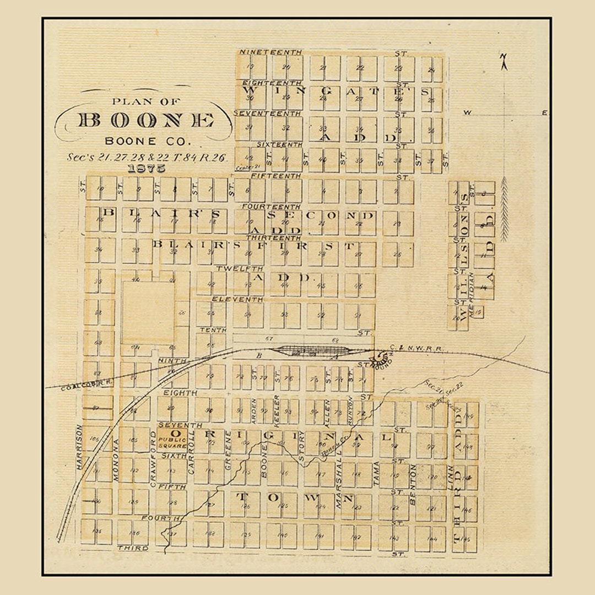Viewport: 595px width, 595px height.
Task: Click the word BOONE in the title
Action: (x=146, y=120)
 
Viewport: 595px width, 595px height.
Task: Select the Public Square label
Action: (x=173, y=442)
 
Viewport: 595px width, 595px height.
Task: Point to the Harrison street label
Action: (x=79, y=446)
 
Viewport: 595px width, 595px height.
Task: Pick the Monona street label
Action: (x=116, y=460)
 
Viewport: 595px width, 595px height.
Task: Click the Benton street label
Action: (x=413, y=484)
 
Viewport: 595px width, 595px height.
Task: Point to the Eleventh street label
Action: (x=238, y=299)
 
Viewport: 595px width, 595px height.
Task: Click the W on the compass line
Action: (x=467, y=113)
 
